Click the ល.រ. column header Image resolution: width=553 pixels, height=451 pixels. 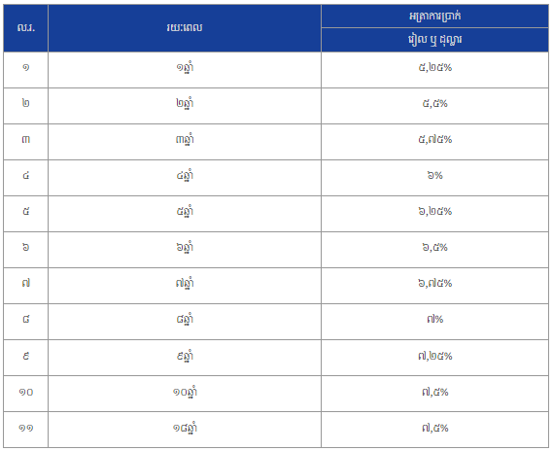[x=25, y=27]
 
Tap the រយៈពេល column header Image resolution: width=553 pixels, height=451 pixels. [x=185, y=27]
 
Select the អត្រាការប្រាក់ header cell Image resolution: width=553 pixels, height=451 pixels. [x=434, y=16]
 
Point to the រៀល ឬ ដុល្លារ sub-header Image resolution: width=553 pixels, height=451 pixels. [x=434, y=40]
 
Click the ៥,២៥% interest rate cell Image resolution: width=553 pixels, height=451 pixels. [x=434, y=67]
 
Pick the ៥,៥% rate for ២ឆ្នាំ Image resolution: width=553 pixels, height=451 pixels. [x=434, y=103]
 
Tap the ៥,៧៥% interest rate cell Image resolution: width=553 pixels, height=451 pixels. [x=434, y=139]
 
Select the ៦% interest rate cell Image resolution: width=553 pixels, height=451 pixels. [x=434, y=175]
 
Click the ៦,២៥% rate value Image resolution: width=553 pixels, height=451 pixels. [x=434, y=211]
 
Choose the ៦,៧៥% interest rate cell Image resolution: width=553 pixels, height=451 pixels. [x=434, y=283]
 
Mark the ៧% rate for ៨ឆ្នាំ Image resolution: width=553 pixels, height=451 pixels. [x=434, y=319]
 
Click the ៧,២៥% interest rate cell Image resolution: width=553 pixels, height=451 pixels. [x=434, y=356]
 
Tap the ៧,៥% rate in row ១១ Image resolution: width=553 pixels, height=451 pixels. [x=434, y=428]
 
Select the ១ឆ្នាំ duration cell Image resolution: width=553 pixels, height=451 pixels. [x=185, y=67]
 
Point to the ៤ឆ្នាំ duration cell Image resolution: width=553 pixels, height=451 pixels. [x=185, y=175]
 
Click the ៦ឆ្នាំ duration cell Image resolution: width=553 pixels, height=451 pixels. [x=185, y=247]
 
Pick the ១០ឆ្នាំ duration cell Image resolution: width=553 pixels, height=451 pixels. [x=185, y=392]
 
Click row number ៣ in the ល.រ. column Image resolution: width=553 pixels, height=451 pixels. [x=25, y=139]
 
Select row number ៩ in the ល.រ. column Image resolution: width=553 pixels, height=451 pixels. [x=25, y=356]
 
